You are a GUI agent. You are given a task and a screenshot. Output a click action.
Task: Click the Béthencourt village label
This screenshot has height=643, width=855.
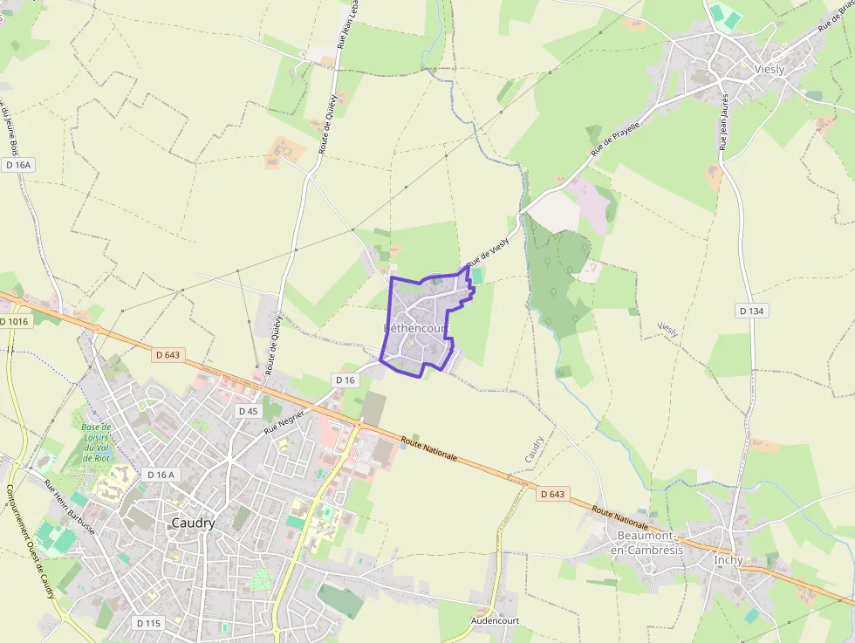pos(416,328)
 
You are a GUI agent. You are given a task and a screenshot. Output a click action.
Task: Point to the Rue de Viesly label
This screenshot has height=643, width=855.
pos(487,254)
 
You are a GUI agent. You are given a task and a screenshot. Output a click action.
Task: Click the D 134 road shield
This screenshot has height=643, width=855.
pos(751,311)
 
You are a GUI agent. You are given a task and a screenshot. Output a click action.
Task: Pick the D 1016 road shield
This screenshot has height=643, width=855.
pos(14,322)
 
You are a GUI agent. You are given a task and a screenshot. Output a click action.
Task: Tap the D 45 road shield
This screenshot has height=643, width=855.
pos(248,410)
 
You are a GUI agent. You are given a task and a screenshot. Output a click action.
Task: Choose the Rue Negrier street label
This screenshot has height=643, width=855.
pos(285,421)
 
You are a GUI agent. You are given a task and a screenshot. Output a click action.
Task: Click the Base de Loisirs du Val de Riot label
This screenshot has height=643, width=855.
pos(95,442)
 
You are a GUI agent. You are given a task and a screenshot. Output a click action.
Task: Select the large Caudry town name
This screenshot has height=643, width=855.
pos(193,523)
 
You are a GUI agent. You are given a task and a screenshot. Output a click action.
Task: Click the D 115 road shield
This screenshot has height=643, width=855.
pos(149,623)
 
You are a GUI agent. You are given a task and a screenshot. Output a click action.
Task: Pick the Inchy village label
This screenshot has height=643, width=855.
pos(728,560)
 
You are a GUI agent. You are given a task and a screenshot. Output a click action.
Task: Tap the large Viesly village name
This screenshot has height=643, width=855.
pos(769,69)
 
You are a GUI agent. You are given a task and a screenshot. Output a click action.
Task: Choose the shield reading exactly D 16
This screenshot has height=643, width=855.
pos(345,380)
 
